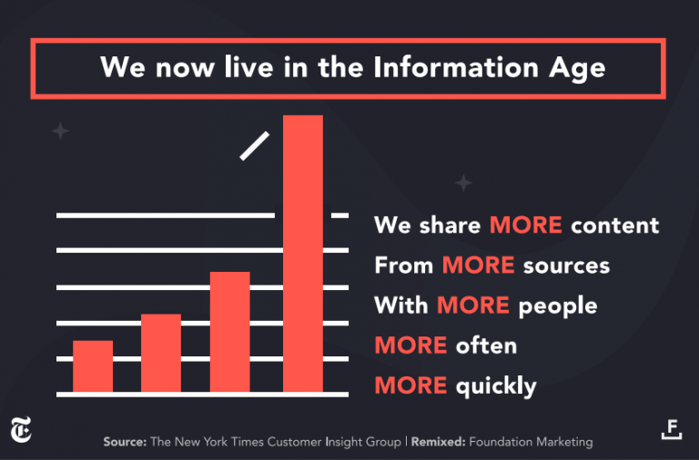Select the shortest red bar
(x=93, y=365)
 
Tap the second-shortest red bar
(x=161, y=353)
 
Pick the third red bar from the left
(x=229, y=331)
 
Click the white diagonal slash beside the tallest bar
(x=255, y=146)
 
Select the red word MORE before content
(x=525, y=225)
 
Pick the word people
(x=558, y=305)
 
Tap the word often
(x=486, y=345)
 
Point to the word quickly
(x=496, y=385)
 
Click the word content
(x=614, y=225)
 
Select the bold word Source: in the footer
(x=125, y=442)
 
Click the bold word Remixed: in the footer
(x=441, y=442)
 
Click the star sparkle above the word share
(x=463, y=183)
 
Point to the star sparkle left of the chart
(x=60, y=132)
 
